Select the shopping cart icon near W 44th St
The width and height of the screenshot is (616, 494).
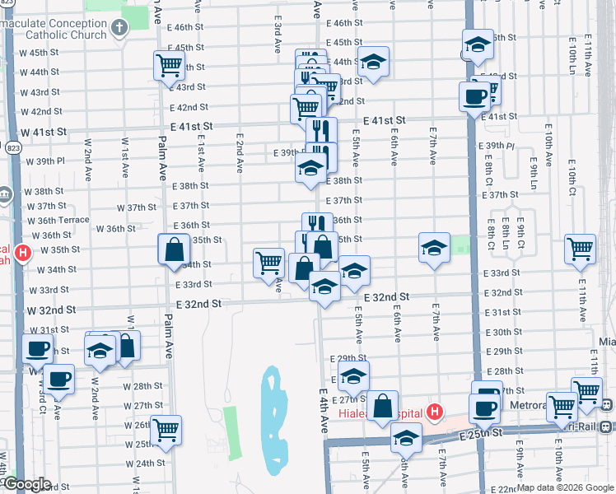point(169,65)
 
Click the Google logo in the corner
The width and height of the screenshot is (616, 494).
point(28,484)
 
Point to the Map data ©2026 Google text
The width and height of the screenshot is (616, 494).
point(565,487)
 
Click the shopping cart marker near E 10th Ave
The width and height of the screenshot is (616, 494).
point(580,249)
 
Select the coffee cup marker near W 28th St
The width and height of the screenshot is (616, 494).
point(58,380)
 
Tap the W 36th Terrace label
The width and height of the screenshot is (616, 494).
point(58,221)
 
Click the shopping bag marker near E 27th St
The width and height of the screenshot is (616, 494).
point(383,405)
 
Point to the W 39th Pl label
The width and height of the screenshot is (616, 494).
point(45,161)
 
